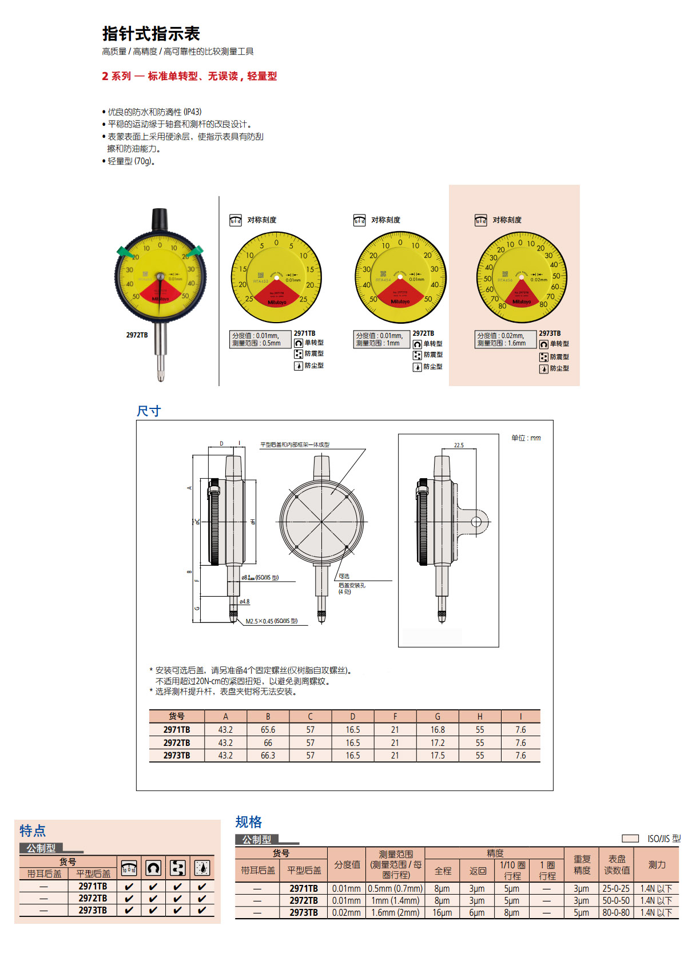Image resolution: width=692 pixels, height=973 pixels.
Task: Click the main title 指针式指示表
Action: click(x=151, y=34)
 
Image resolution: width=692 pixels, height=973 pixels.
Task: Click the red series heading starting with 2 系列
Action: click(x=189, y=76)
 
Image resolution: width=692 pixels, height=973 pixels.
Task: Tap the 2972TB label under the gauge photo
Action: click(x=137, y=335)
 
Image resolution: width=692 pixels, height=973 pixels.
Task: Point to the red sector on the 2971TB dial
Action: click(x=277, y=292)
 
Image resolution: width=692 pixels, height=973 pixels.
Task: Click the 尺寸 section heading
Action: click(x=149, y=411)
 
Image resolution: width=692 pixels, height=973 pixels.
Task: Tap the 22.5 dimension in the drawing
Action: click(x=459, y=445)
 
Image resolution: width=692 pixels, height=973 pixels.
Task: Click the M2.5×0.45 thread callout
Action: click(x=271, y=621)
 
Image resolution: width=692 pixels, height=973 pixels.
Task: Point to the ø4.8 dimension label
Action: click(x=244, y=602)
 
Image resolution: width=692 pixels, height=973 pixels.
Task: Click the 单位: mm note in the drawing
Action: click(x=526, y=438)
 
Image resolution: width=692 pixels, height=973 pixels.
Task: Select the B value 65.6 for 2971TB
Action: click(x=268, y=730)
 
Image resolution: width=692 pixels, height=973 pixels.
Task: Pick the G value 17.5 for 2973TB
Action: click(x=438, y=756)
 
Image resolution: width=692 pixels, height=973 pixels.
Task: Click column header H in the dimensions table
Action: click(x=480, y=717)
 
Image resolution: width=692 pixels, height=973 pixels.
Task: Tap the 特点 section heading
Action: click(x=33, y=831)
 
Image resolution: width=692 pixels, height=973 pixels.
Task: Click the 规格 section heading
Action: click(x=249, y=822)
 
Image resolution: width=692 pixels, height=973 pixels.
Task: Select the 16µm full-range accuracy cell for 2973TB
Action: click(x=442, y=913)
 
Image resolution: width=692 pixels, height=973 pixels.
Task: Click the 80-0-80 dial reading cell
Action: click(x=616, y=913)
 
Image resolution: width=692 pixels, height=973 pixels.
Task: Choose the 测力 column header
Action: click(x=657, y=865)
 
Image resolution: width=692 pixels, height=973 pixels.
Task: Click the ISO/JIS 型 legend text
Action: click(x=663, y=839)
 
